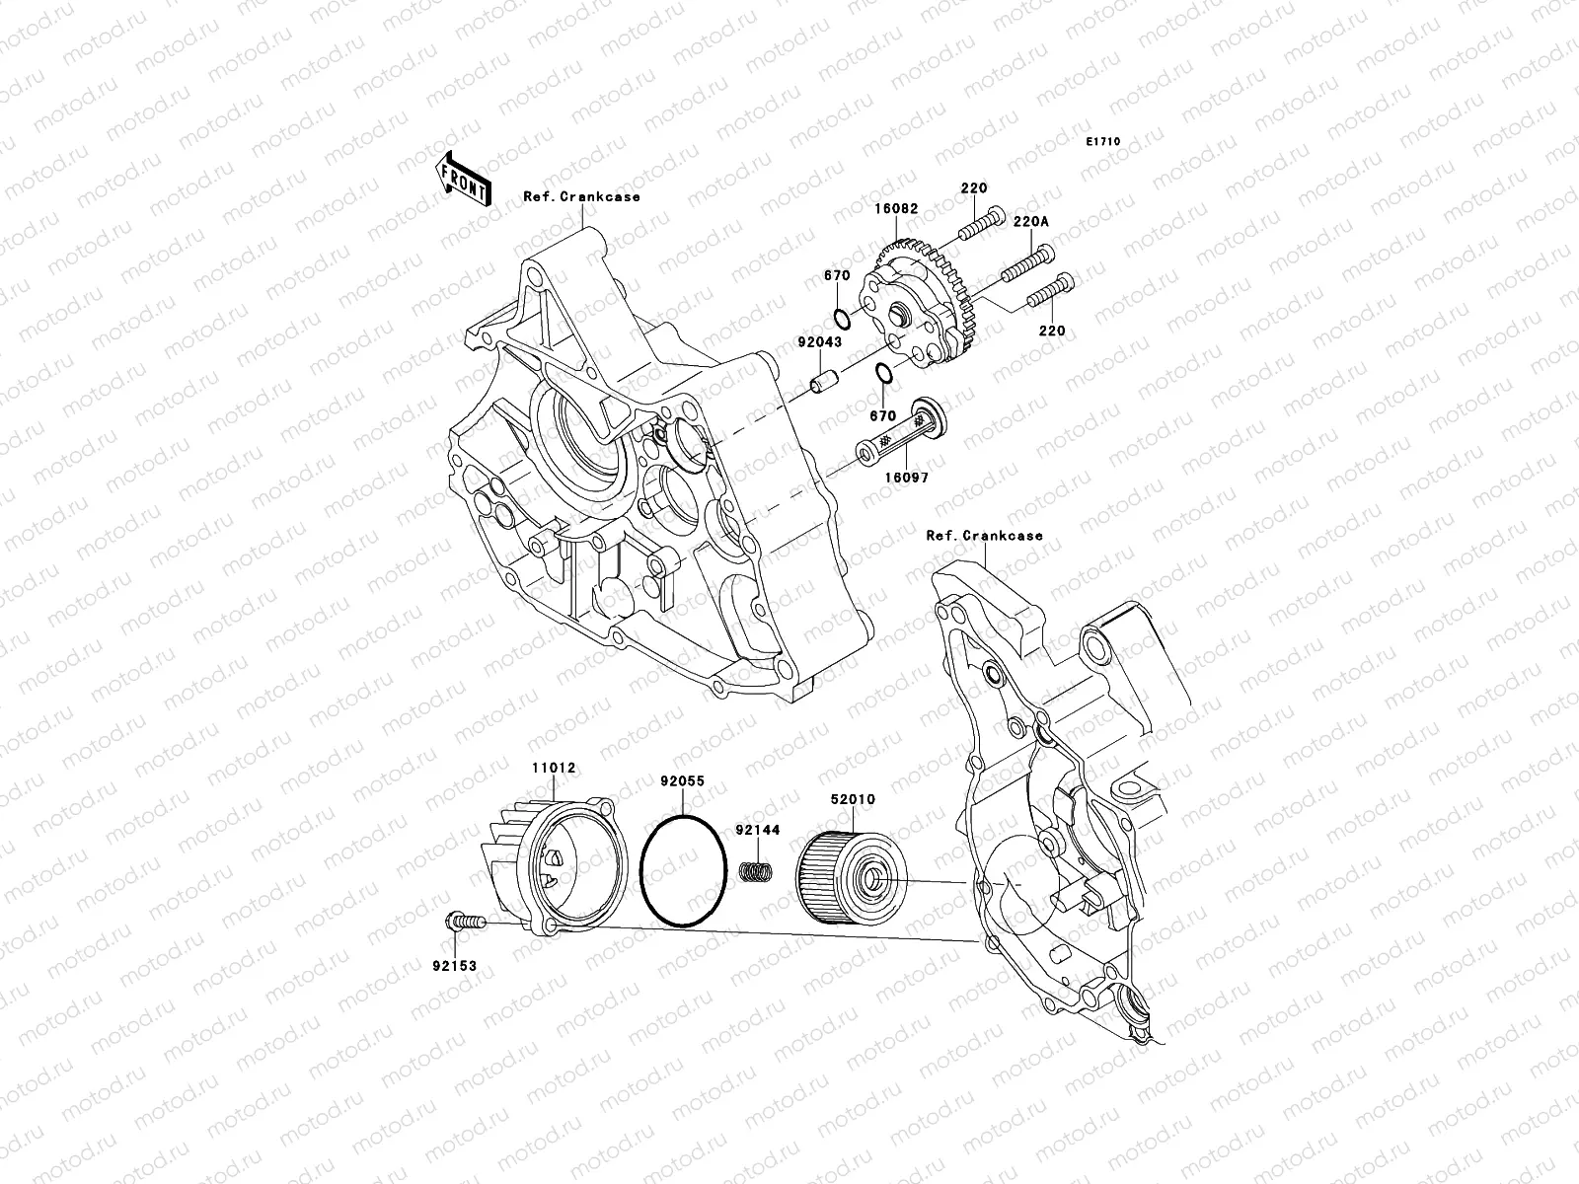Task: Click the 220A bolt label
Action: pyautogui.click(x=1056, y=223)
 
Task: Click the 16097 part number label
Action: pyautogui.click(x=908, y=477)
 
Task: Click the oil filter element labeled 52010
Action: pyautogui.click(x=848, y=876)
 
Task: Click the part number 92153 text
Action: pyautogui.click(x=454, y=966)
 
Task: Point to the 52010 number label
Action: pyautogui.click(x=853, y=799)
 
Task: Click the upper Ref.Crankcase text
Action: pyautogui.click(x=581, y=196)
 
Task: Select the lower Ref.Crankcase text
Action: pyautogui.click(x=984, y=536)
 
